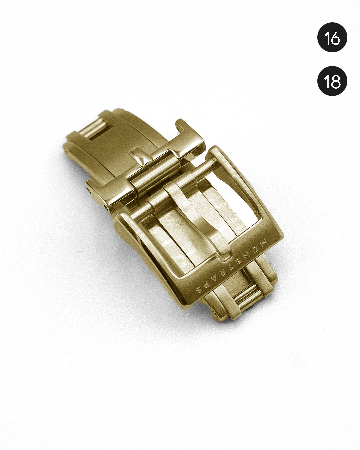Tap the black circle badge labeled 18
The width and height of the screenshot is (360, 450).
(332, 81)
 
